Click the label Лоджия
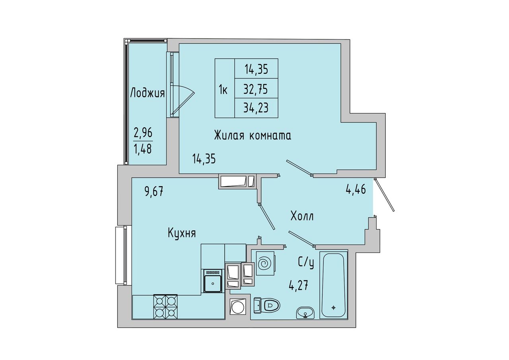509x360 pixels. point(147,93)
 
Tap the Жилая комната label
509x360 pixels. point(253,136)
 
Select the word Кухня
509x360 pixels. point(182,233)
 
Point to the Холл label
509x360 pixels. point(302,216)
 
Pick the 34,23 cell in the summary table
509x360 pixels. point(256,108)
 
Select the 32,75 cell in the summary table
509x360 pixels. point(256,89)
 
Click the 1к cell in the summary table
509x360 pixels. point(225,88)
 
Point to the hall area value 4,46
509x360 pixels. point(356,189)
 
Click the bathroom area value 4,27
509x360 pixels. point(298,286)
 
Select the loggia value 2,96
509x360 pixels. point(143,132)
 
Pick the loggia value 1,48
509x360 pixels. point(143,149)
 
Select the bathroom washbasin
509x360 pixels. point(305,313)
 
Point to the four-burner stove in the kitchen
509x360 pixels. point(165,307)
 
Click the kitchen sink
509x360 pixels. point(213,281)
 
